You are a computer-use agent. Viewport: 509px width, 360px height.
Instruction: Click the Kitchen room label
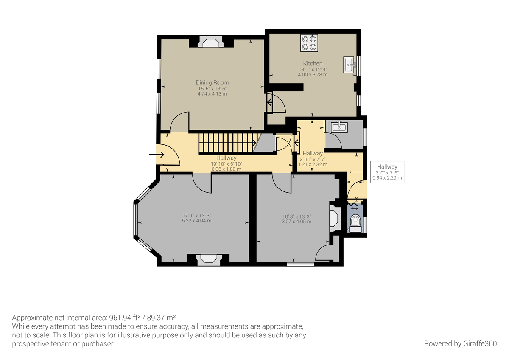[x=313, y=63]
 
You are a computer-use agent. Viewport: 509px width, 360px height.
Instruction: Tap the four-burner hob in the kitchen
[x=309, y=43]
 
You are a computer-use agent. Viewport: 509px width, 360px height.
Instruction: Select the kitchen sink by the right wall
[x=350, y=65]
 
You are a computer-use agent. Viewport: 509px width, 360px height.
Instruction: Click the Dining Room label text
[x=212, y=82]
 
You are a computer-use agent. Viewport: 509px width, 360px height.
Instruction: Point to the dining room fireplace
[x=211, y=42]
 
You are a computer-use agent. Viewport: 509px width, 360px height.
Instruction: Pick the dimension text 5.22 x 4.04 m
[x=196, y=221]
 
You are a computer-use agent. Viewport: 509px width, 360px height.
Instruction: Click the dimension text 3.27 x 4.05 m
[x=297, y=222]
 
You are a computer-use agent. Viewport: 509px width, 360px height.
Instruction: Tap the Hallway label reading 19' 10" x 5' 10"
[x=226, y=163]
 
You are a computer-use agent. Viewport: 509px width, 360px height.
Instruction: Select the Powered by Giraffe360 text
[x=460, y=343]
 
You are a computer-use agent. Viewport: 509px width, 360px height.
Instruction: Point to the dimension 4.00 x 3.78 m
[x=313, y=75]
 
